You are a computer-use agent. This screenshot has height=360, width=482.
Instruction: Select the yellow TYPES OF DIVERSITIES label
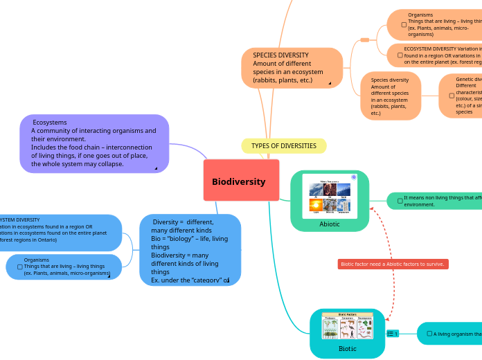(283, 146)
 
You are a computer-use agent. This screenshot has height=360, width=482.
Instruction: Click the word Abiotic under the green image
(330, 224)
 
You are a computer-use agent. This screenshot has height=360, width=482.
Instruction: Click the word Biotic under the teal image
(347, 349)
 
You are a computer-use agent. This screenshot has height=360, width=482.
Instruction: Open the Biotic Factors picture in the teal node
(347, 326)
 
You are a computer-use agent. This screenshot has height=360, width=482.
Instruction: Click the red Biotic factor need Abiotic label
(393, 264)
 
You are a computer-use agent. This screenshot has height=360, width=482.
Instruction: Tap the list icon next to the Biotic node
(392, 334)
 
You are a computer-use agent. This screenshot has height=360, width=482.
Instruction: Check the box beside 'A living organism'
(429, 334)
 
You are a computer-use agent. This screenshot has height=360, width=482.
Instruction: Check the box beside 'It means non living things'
(400, 201)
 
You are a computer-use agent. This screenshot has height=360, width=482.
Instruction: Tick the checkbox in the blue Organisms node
(18, 267)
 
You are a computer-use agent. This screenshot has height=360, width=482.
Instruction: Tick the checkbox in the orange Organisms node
(404, 24)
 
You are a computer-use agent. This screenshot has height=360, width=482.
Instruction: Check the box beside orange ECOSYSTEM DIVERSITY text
(400, 55)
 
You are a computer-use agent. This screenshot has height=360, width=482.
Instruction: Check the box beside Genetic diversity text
(452, 96)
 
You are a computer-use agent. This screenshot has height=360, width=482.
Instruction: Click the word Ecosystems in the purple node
(50, 123)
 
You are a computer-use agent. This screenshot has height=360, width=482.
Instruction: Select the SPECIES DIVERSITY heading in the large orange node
(280, 55)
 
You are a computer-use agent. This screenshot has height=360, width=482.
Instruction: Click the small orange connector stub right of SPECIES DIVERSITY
(364, 40)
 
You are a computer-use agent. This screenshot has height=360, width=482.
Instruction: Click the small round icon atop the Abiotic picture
(353, 177)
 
